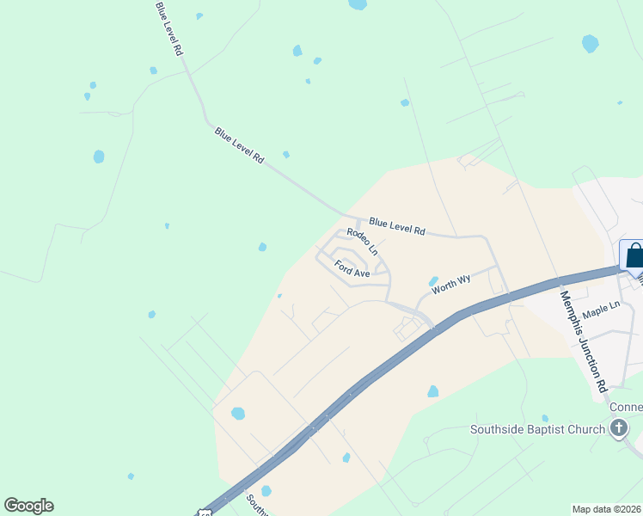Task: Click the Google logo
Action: [x=28, y=506]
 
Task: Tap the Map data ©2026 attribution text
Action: [x=606, y=509]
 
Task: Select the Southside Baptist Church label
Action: [x=538, y=429]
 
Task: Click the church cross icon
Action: [x=619, y=428]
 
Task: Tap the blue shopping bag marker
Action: [x=634, y=256]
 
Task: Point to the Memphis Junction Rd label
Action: [x=584, y=341]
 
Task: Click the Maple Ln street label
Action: [x=601, y=306]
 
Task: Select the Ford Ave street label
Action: [x=352, y=268]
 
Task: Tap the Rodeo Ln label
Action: [x=363, y=242]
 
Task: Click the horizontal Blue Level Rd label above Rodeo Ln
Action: [x=396, y=226]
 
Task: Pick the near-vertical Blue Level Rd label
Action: [x=168, y=28]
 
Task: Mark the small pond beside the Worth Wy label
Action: [x=433, y=281]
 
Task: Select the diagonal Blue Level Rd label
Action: [x=239, y=146]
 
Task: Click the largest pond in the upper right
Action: [x=590, y=43]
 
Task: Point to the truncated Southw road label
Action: [x=257, y=505]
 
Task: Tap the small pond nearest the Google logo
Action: [x=131, y=476]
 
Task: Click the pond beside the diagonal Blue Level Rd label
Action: [x=285, y=155]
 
